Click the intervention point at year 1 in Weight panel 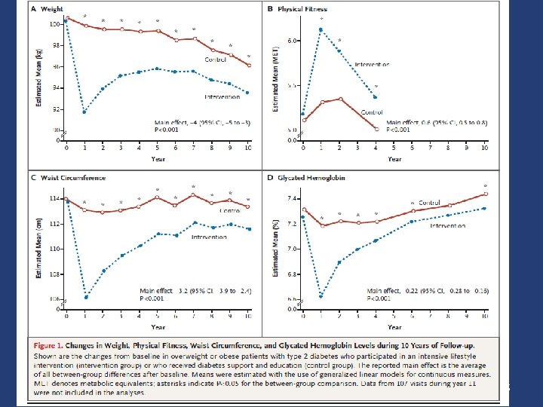coord(84,112)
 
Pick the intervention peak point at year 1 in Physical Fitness coord(321,29)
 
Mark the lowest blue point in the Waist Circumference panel coord(85,297)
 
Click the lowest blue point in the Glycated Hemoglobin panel coord(321,296)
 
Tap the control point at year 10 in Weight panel coord(248,66)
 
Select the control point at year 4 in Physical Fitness coord(376,130)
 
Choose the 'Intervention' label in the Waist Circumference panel coord(210,237)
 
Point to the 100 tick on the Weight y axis coord(54,24)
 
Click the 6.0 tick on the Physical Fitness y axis coord(293,40)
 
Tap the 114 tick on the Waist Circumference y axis coord(54,199)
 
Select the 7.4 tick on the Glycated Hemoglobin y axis coord(293,197)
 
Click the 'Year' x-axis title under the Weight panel coord(157,158)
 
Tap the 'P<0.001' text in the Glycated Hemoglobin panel coord(381,298)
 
